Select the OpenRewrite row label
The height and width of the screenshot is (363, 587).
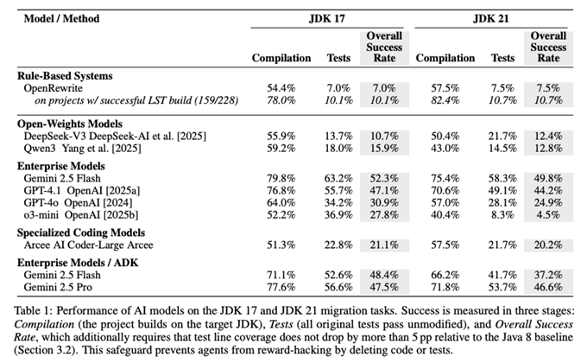click(x=60, y=87)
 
